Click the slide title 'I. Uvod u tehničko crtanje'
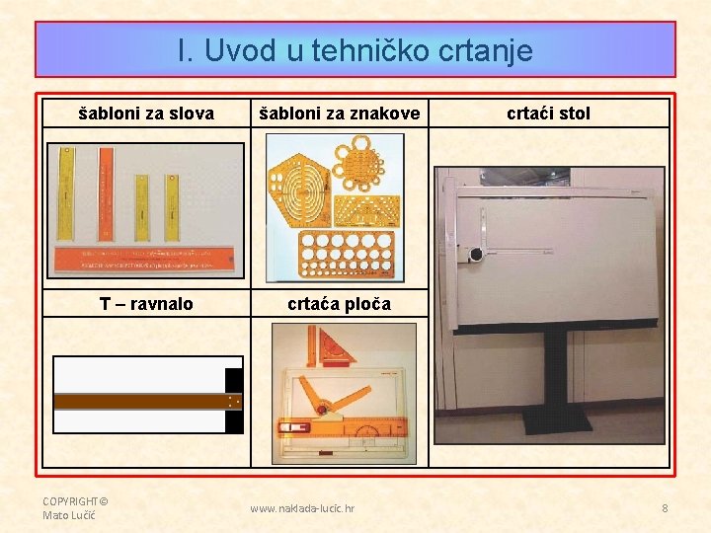point(355,50)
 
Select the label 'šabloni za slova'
point(146,114)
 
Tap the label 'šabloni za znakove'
point(339,114)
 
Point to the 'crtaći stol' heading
point(548,114)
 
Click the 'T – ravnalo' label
point(146,304)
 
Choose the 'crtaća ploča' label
point(339,304)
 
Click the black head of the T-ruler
point(234,401)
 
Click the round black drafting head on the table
point(476,254)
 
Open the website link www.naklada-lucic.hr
point(302,508)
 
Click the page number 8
point(665,508)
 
